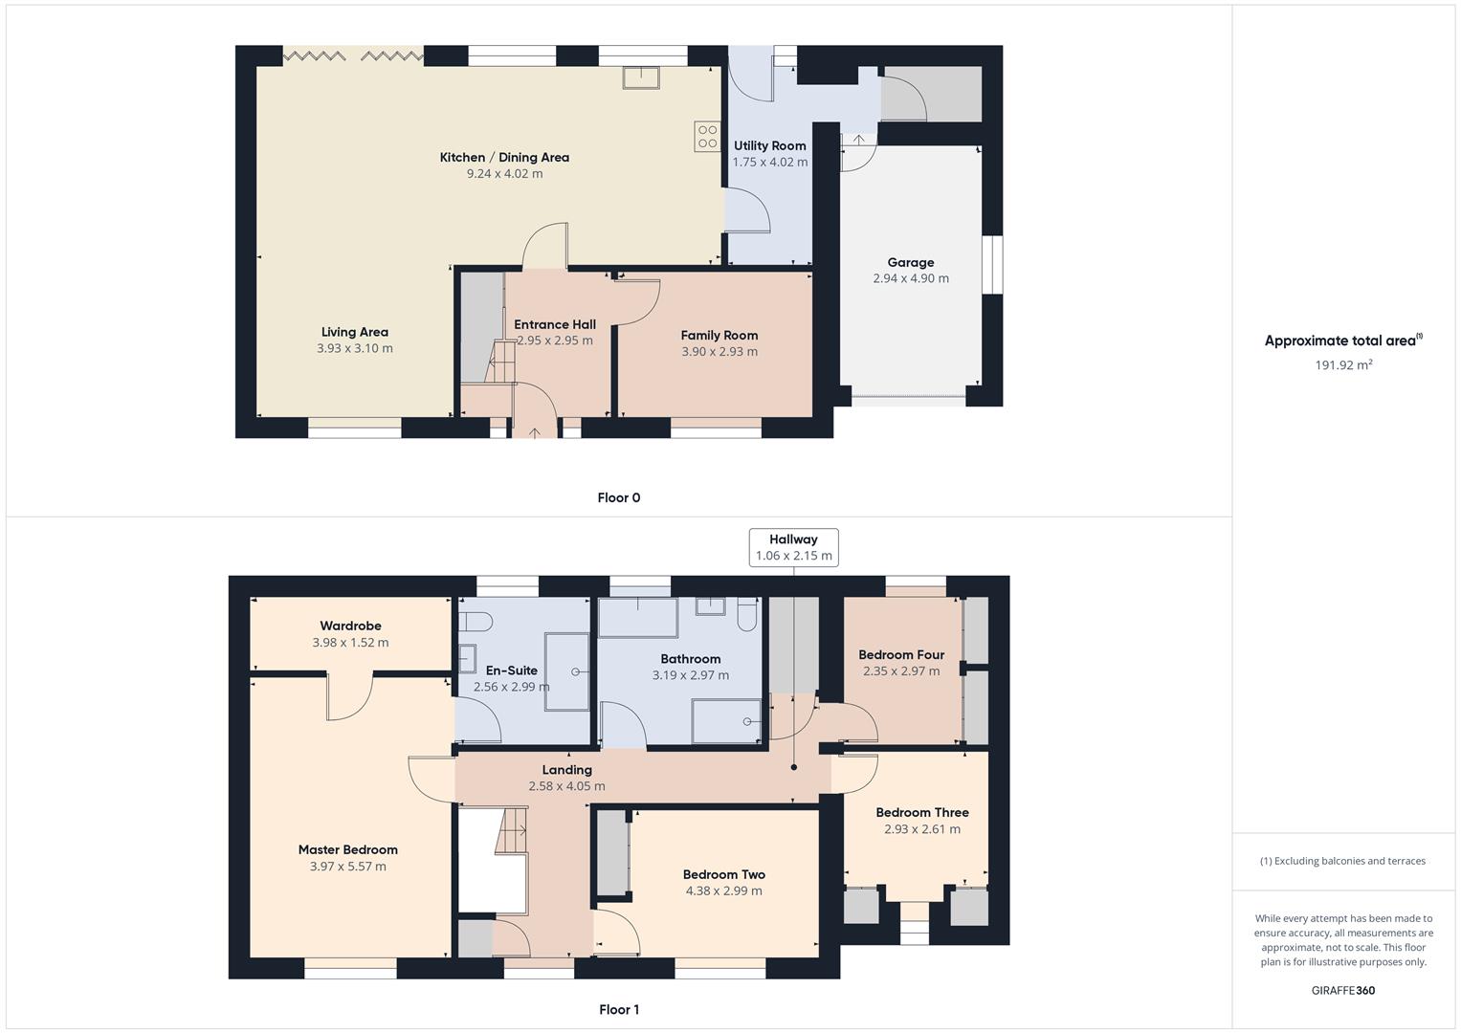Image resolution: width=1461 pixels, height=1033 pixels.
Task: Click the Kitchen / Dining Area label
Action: coord(504,158)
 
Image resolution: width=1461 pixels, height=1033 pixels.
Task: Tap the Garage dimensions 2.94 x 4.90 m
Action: coord(911,278)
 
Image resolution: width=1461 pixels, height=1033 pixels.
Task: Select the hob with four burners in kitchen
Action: coord(707,136)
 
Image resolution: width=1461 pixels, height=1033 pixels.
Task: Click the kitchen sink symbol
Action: coord(640,77)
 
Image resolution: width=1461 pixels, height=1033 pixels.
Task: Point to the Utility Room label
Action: coord(769,146)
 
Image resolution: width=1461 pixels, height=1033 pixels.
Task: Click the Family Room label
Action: coord(719,336)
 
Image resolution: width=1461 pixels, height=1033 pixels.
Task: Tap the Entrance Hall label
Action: coord(555,324)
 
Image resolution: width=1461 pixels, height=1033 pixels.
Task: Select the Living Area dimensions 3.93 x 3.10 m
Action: coord(355,349)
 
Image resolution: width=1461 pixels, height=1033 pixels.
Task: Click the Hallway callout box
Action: coord(793,547)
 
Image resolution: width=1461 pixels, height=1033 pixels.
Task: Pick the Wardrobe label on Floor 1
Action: coord(350,626)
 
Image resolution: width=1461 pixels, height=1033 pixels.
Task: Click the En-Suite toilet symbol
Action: coord(476,622)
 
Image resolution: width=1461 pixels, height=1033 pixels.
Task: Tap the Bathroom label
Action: coord(691,659)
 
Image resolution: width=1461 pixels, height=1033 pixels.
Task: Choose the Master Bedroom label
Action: coord(347,850)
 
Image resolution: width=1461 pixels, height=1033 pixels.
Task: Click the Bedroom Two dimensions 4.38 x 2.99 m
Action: coord(724,891)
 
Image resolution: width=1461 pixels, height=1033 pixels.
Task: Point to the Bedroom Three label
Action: coord(922,813)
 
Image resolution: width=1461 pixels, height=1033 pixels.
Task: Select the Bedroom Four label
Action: coord(901,655)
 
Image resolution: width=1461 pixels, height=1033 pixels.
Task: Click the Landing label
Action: coord(567,770)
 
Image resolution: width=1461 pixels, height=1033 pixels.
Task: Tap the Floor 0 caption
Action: coord(619,497)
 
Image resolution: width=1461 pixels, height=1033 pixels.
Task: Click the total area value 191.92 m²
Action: coord(1343,364)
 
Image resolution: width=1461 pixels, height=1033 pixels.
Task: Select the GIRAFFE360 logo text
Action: coord(1343,991)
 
